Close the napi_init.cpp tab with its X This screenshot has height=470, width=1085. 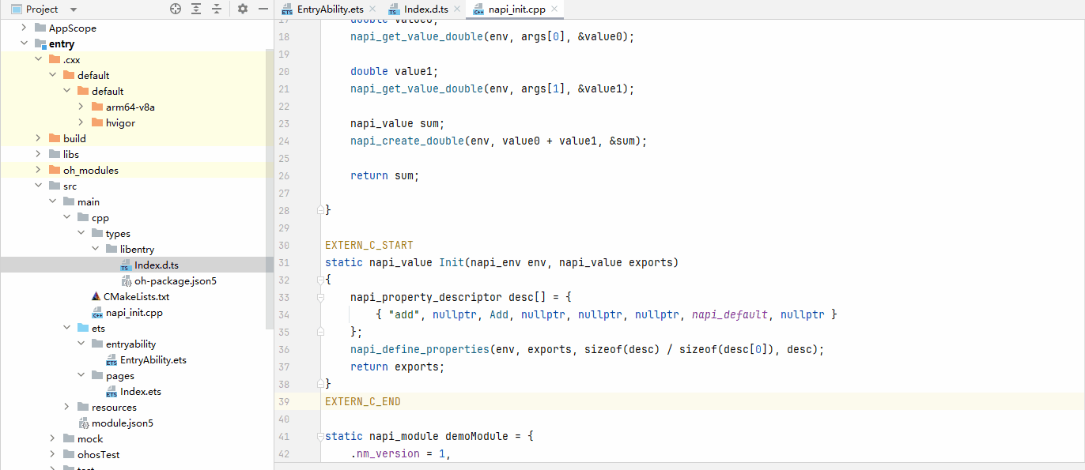[554, 9]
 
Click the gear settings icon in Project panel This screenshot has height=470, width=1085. [243, 9]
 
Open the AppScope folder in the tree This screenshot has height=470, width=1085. [72, 28]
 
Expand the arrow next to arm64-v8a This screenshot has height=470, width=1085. [81, 107]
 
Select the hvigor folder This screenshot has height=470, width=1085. [120, 123]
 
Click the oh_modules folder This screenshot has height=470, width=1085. [91, 171]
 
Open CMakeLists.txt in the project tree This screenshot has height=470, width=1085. [136, 297]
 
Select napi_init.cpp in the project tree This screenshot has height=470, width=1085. [134, 313]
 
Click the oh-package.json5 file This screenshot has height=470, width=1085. [176, 280]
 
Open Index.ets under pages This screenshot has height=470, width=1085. [141, 392]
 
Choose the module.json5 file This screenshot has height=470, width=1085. [122, 423]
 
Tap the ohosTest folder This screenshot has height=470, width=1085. [98, 454]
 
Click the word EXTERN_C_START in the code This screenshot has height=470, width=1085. [369, 245]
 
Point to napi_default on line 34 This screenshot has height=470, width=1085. [729, 314]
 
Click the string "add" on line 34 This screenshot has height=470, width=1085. [404, 314]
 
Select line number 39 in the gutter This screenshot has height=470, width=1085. [284, 402]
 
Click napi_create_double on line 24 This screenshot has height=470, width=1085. [406, 141]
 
